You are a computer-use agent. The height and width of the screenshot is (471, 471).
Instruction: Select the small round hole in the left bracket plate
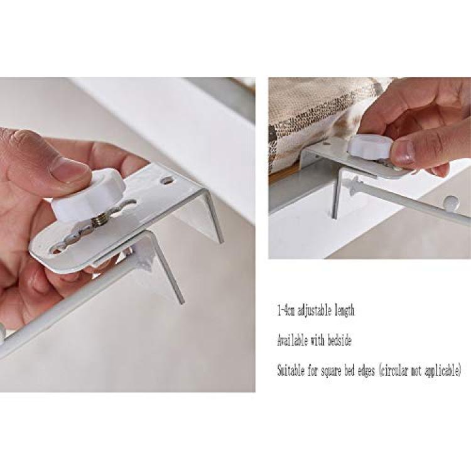[166, 181]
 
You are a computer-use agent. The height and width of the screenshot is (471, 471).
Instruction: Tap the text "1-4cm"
[286, 310]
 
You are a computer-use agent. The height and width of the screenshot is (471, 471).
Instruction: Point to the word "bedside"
[340, 340]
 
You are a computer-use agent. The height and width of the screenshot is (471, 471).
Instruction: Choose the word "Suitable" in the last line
[291, 371]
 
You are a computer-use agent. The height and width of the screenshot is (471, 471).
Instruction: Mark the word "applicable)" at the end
[443, 371]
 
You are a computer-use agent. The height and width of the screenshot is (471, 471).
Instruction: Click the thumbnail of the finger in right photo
[404, 150]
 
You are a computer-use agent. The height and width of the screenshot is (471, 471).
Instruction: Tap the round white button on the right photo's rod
[451, 202]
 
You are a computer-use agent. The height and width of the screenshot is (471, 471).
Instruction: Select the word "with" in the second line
[317, 340]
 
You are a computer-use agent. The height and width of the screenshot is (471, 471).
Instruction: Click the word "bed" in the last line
[350, 371]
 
